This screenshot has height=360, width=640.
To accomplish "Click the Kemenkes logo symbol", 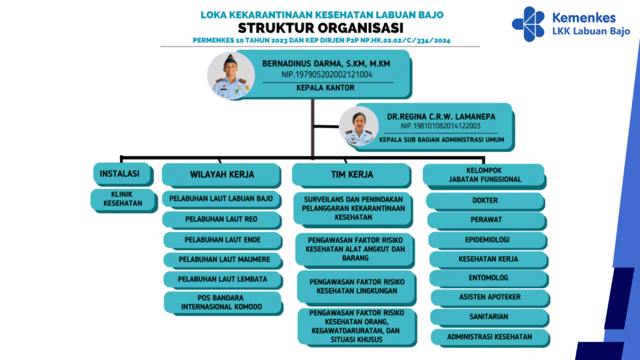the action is click(x=528, y=24).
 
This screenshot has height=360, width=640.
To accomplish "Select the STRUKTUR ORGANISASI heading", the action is click(x=321, y=28).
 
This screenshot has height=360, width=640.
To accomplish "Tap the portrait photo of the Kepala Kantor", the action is click(x=231, y=76).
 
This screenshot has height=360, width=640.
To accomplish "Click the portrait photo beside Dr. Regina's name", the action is click(x=359, y=126).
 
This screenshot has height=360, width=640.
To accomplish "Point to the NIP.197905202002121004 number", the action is click(x=326, y=75).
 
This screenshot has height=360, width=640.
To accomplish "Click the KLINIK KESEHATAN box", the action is click(x=124, y=200).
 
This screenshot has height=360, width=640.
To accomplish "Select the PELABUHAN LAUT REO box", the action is click(x=222, y=220).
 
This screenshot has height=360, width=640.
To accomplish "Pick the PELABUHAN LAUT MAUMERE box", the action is click(x=223, y=260).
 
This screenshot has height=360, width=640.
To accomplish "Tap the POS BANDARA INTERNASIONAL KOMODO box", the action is click(x=223, y=303).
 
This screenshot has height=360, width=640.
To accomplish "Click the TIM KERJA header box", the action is click(x=351, y=176).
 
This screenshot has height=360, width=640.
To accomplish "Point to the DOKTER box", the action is click(x=486, y=201).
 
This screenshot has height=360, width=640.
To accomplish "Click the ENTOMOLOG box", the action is click(x=489, y=279).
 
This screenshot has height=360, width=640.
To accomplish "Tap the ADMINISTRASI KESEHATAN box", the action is click(x=490, y=337).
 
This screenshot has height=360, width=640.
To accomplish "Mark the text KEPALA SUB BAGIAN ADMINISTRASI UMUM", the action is click(x=442, y=139).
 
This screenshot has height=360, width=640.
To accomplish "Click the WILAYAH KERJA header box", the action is click(x=222, y=176).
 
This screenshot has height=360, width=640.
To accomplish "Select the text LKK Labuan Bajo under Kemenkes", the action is click(x=591, y=31).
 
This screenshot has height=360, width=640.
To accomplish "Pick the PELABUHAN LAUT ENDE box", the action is click(x=223, y=241).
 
